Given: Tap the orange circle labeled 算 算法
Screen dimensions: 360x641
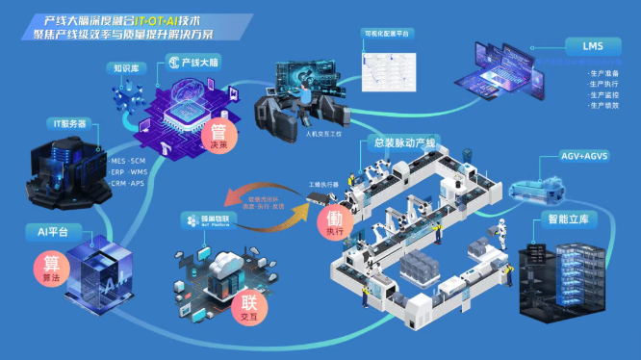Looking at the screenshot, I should pyautogui.click(x=51, y=267).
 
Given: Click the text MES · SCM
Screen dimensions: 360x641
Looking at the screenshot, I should pyautogui.click(x=128, y=160).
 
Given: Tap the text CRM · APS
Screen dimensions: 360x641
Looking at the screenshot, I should pyautogui.click(x=128, y=183).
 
